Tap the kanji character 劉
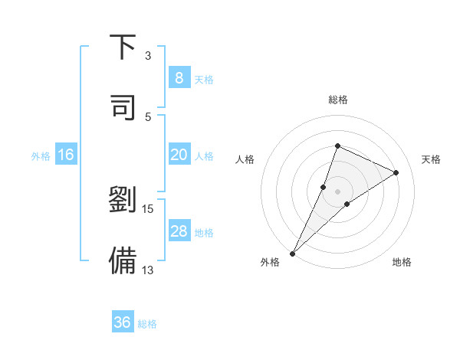123,201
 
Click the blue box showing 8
179,77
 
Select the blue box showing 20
179,155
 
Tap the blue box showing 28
179,231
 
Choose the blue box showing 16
66,155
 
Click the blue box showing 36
123,322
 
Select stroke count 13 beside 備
148,269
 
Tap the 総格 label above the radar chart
337,100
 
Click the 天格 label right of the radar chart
432,159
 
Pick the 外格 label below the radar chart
270,262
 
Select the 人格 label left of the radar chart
245,159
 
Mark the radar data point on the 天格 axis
396,172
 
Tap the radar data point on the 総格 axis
337,146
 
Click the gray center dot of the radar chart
337,191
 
